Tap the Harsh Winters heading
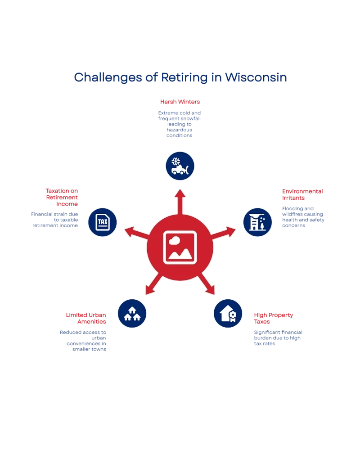(180, 101)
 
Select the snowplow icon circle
(180, 165)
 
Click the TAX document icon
(102, 222)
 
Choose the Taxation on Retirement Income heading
(62, 197)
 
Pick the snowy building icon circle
(257, 222)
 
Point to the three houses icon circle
(132, 313)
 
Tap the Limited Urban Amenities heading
(86, 318)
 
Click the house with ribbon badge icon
(228, 313)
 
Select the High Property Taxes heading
(273, 318)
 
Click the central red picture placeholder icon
(180, 247)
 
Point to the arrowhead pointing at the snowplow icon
(180, 194)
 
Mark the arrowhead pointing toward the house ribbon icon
(211, 291)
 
